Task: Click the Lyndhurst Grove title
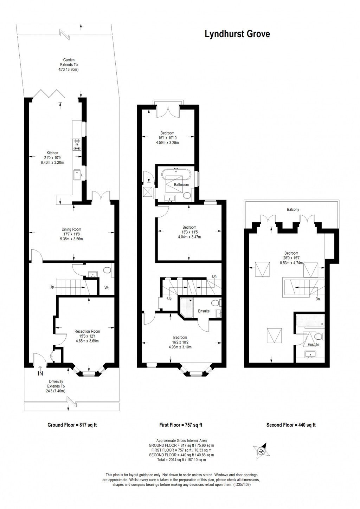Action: tap(237, 34)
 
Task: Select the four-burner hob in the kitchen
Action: tap(77, 144)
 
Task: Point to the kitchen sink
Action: tap(77, 174)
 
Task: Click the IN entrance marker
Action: tap(40, 373)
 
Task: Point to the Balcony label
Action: tap(292, 210)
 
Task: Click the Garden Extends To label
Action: tap(69, 65)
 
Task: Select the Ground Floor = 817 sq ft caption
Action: tap(72, 425)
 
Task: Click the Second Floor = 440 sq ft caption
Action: tap(291, 425)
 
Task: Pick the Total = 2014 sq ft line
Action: tap(181, 459)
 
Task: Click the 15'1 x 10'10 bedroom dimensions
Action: tap(167, 138)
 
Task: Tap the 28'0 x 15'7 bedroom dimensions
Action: tap(291, 258)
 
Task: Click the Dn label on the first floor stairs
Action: tap(214, 276)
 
